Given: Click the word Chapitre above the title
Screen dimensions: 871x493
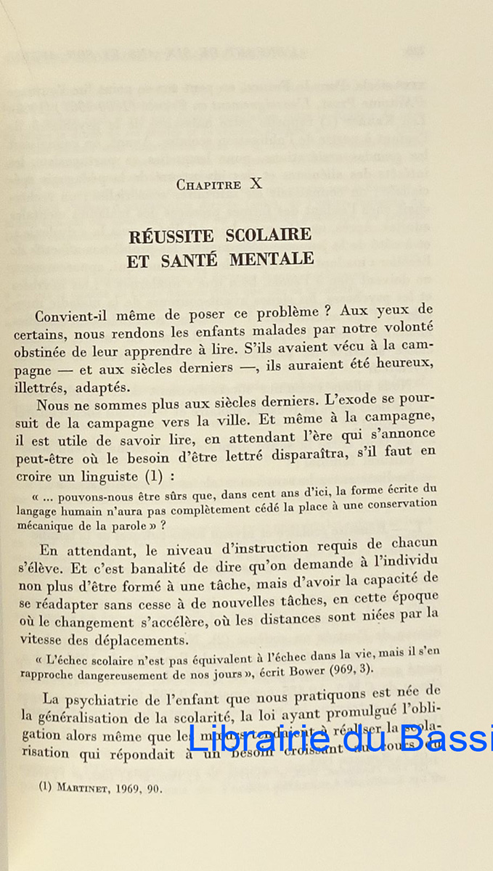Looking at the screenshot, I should (208, 185).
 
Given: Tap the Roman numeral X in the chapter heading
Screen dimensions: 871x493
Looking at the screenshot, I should (256, 184).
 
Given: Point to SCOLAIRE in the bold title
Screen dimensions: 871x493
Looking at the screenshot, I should (269, 235).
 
